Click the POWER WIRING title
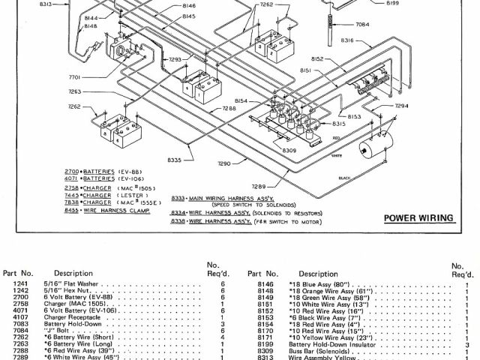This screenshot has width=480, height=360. [x=418, y=218]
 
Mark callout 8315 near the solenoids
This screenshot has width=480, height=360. [x=339, y=123]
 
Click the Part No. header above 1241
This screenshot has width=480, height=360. [x=17, y=274]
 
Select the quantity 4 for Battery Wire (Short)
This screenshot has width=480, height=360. [x=223, y=338]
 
